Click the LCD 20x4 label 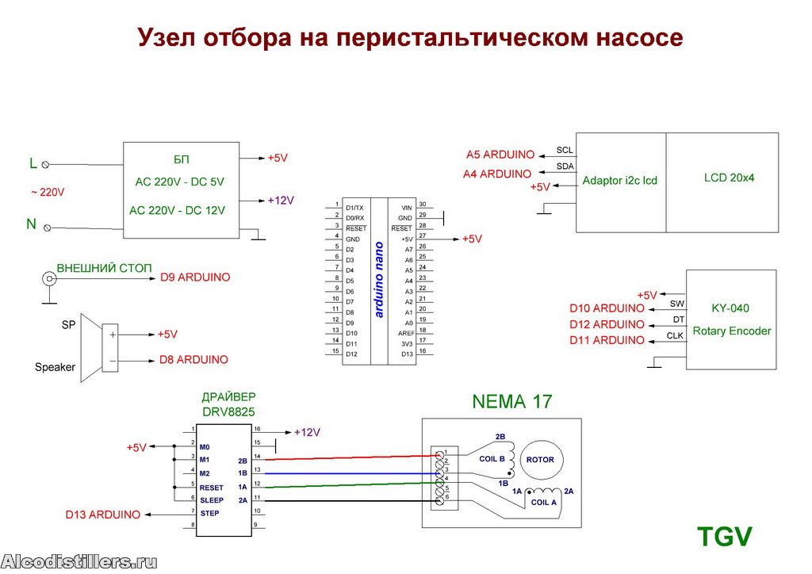click(729, 178)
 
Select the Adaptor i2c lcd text click(619, 180)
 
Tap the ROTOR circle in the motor click(540, 460)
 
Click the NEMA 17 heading click(512, 402)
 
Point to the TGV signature click(724, 536)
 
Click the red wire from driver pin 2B click(352, 457)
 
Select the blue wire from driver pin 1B click(352, 473)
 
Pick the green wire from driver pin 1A click(352, 485)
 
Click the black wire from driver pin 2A click(352, 500)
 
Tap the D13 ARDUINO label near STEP click(102, 515)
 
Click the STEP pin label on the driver click(209, 514)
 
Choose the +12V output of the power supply click(281, 201)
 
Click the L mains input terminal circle click(45, 165)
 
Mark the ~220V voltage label click(48, 193)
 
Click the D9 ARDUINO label click(195, 277)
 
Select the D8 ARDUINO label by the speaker click(193, 360)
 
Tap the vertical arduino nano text click(378, 280)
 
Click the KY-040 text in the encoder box click(730, 308)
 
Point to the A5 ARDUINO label click(500, 155)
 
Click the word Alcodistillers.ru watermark click(79, 562)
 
